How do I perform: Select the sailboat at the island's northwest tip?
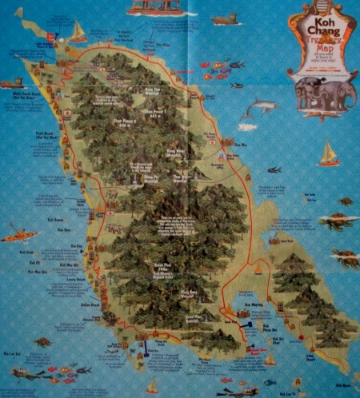(78, 31)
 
